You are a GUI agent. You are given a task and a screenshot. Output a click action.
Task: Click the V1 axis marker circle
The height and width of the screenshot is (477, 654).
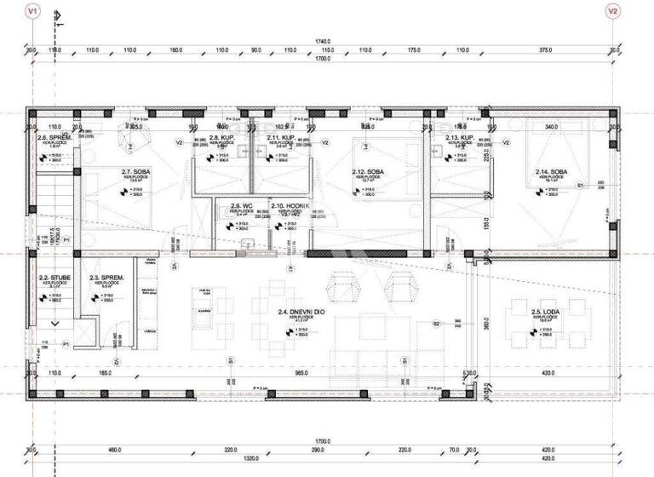coord(32,11)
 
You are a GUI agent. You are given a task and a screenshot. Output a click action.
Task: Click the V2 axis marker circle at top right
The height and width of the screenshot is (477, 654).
coord(611,11)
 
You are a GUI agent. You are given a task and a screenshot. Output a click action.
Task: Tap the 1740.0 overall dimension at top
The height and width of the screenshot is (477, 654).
coord(323,40)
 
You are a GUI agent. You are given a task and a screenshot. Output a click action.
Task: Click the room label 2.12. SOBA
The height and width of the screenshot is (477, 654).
coord(367,172)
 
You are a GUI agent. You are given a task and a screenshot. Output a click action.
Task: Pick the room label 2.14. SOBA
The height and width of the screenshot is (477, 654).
coord(550,172)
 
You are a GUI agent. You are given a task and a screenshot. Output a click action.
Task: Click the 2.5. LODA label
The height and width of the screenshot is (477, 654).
coord(543,313)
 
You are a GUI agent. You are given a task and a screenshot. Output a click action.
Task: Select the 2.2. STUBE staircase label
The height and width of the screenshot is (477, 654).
coord(54,278)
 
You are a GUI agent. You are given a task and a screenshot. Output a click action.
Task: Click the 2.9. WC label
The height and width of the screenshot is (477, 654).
coord(242,206)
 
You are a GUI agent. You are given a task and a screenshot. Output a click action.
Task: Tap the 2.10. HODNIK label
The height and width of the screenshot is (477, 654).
coord(284,206)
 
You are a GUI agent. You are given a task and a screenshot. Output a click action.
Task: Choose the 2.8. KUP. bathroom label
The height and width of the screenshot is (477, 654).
coord(222,137)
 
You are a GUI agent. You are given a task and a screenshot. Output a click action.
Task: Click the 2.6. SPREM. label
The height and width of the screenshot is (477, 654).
coord(54,137)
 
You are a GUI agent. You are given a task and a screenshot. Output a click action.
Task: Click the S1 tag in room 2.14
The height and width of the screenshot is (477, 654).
coord(580,185)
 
